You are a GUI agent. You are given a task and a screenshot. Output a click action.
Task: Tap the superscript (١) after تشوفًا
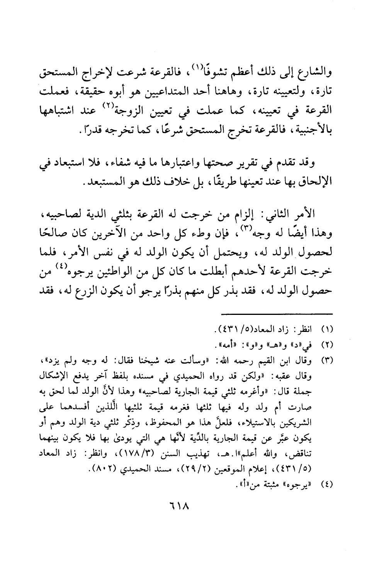pos(175,68)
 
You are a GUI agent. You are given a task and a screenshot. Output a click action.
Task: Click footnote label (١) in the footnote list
pos(326,332)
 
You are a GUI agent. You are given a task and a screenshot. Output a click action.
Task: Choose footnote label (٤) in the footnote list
pos(326,484)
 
